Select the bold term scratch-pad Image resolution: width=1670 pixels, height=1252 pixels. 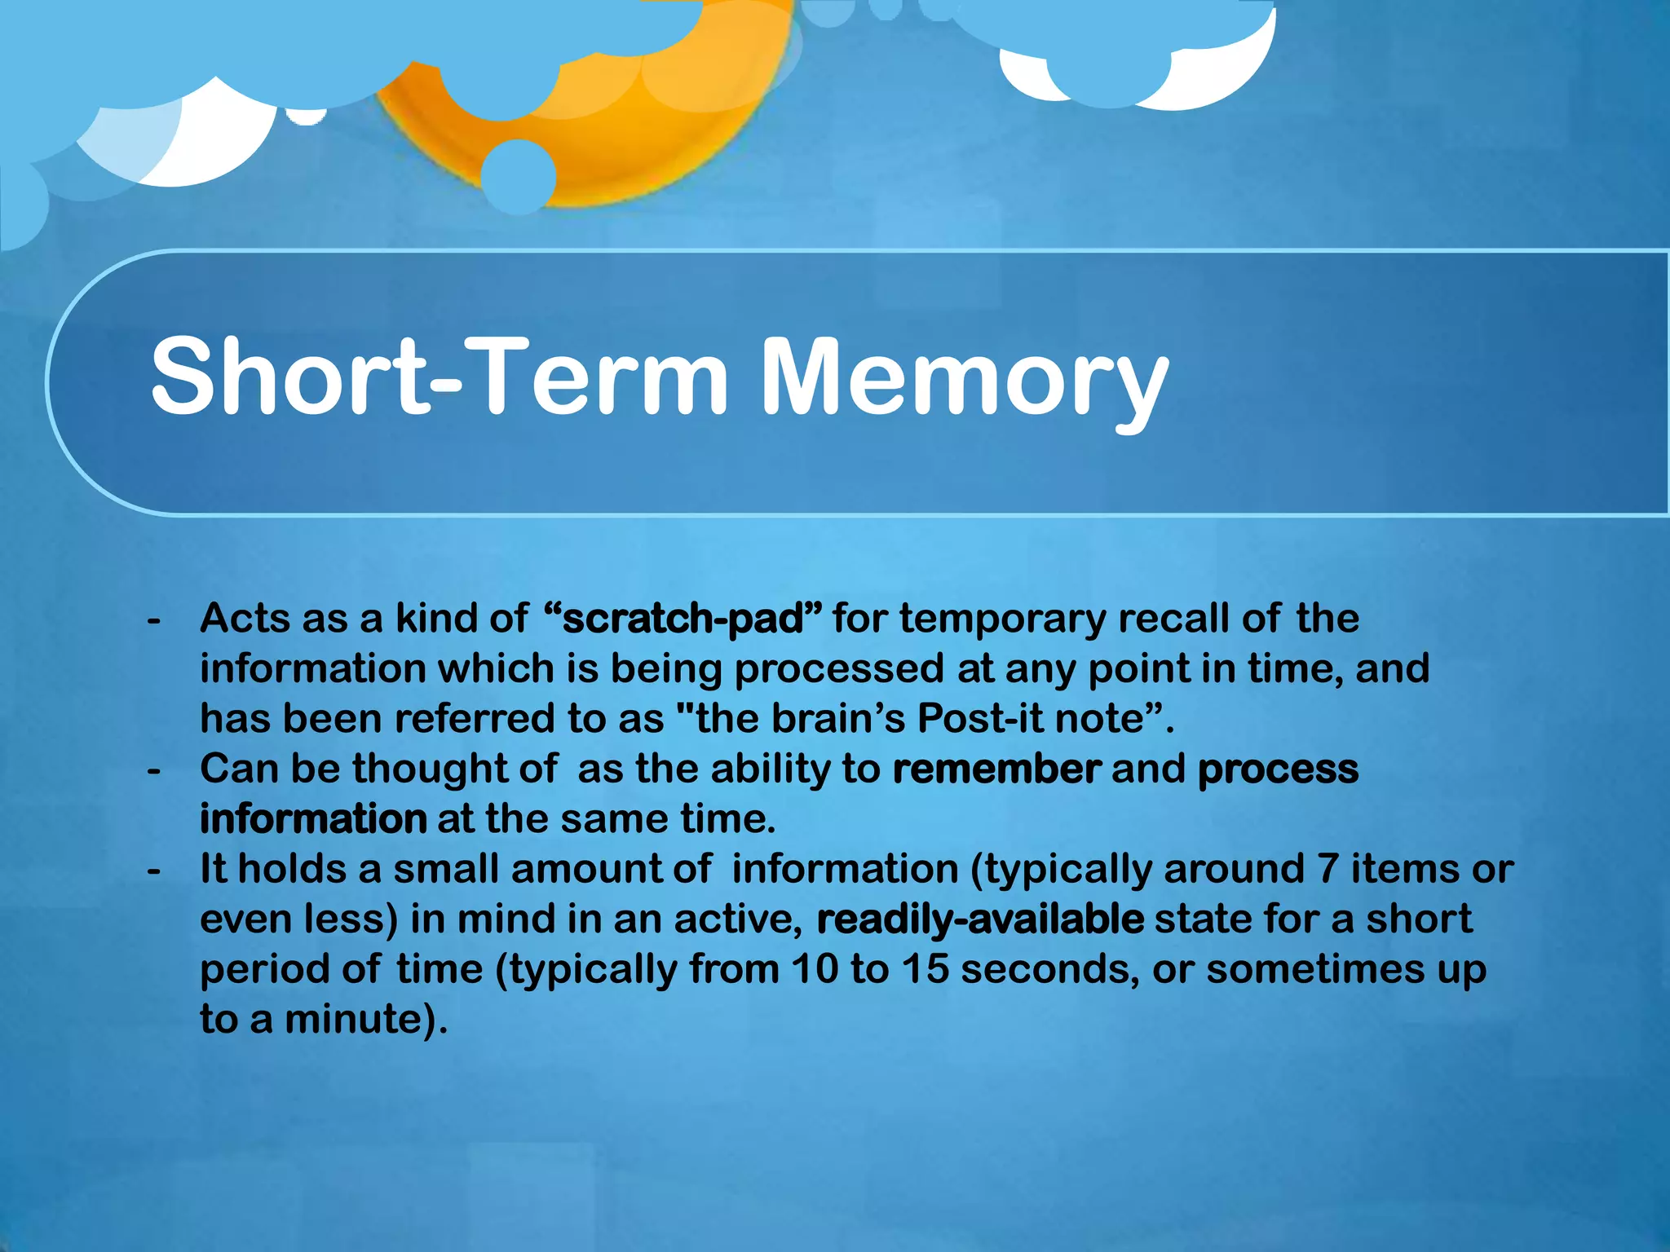coord(683,619)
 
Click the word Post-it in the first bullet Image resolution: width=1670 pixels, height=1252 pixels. coord(980,719)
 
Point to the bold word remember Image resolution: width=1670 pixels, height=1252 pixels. coord(996,769)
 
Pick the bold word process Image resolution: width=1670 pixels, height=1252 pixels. coord(1278,769)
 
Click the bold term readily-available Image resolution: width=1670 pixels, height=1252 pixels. coord(980,919)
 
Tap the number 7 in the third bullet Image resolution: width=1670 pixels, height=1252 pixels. coord(1328,869)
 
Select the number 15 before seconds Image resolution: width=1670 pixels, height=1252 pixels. coord(926,969)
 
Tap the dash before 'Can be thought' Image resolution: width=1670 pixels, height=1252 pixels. coord(153,772)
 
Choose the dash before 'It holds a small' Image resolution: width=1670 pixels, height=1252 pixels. coord(153,872)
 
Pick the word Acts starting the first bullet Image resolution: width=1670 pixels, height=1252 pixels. coord(245,619)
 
